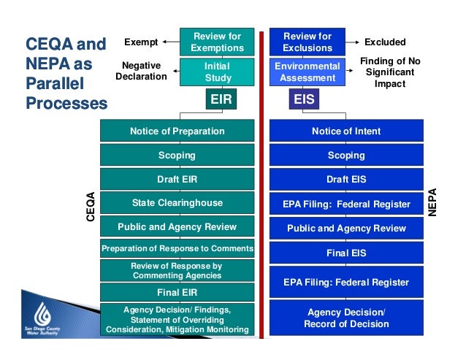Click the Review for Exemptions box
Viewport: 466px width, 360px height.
pos(216,42)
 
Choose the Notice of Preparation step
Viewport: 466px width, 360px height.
pos(177,131)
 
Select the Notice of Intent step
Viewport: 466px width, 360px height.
pos(346,131)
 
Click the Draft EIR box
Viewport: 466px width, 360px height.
pos(177,179)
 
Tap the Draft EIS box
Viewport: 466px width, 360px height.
pos(346,179)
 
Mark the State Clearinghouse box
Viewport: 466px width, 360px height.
pos(177,202)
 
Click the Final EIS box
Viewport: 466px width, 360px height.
pos(346,253)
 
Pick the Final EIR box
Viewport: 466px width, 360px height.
pos(177,293)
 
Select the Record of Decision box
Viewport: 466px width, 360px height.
pos(346,318)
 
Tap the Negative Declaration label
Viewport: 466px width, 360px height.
pos(141,70)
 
